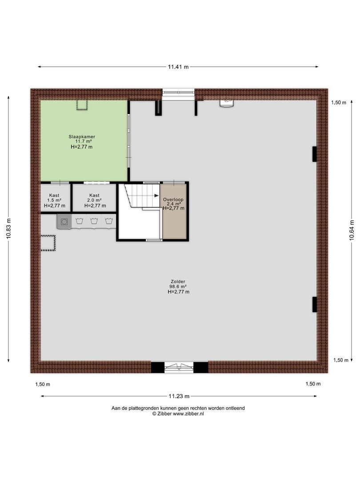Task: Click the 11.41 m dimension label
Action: [x=178, y=67]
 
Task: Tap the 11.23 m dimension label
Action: [x=179, y=396]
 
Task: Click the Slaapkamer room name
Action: [x=82, y=136]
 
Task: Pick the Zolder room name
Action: [x=178, y=282]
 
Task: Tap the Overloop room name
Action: [x=173, y=200]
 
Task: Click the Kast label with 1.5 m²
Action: [x=54, y=195]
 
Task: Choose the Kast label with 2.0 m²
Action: [x=94, y=195]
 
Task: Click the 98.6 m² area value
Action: [x=178, y=287]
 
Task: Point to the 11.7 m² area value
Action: [x=83, y=141]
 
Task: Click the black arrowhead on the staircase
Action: [x=157, y=196]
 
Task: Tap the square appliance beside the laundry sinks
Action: [x=64, y=222]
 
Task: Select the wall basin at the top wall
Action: [x=227, y=103]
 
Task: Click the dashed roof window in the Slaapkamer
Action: [x=82, y=105]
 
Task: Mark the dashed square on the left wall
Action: [x=48, y=243]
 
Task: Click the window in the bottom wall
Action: [x=179, y=368]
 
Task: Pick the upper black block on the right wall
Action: [x=314, y=154]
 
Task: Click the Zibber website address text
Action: [x=188, y=414]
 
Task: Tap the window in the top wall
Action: [x=178, y=92]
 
